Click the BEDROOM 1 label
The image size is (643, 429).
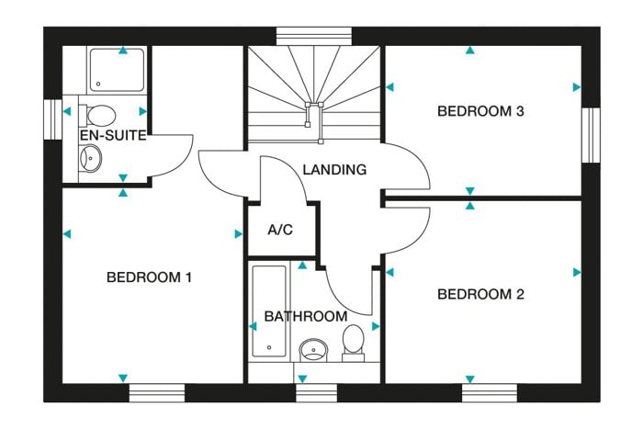click(x=149, y=277)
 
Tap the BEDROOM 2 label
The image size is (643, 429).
click(x=480, y=294)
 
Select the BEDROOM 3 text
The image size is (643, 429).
click(x=480, y=111)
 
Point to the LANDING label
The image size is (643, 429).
click(x=334, y=169)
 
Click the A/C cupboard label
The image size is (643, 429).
click(x=280, y=230)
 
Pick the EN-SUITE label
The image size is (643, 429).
click(x=113, y=135)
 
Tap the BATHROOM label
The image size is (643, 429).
click(x=306, y=316)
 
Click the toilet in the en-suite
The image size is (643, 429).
click(x=97, y=115)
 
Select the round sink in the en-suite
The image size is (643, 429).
click(x=91, y=158)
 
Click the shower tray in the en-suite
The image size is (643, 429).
click(x=118, y=70)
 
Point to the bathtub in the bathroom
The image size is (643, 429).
click(x=269, y=311)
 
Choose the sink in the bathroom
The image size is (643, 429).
click(x=314, y=350)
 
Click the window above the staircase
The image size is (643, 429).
click(x=314, y=36)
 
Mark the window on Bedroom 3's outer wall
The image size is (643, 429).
click(x=591, y=135)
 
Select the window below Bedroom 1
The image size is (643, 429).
click(x=157, y=393)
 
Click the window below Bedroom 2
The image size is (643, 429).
click(x=490, y=393)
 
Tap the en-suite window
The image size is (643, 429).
click(x=53, y=119)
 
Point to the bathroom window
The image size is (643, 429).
click(x=317, y=393)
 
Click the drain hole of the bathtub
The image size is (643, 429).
click(x=269, y=347)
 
